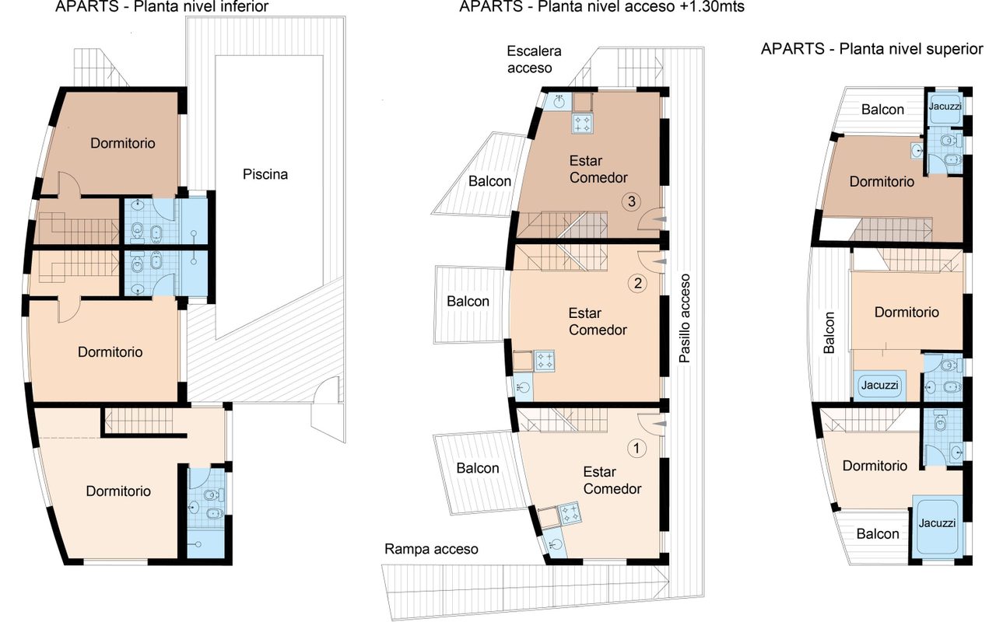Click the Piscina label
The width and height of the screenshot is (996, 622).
point(265,174)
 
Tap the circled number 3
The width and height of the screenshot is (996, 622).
point(631,201)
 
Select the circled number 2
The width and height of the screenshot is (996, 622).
point(637,283)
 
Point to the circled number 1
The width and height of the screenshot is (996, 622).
point(637,449)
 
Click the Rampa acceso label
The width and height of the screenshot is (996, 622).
point(431,549)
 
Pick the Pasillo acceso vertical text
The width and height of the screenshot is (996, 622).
point(685,318)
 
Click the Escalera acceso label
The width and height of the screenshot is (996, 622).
point(534,60)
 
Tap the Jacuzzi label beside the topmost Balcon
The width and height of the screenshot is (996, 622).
point(945,107)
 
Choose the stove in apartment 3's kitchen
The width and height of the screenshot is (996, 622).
point(583,123)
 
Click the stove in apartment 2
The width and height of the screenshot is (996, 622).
point(544,361)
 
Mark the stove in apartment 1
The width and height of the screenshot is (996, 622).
point(570,514)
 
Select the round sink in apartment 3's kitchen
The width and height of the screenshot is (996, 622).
point(559,102)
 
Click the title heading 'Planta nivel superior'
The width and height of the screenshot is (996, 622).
point(911,49)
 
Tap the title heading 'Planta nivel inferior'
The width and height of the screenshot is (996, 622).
point(201,7)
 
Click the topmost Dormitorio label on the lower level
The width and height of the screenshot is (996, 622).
point(123,143)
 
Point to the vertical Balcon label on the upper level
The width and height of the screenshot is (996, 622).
point(829,332)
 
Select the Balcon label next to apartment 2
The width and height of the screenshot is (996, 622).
point(468,301)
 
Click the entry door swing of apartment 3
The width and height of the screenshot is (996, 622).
point(651,219)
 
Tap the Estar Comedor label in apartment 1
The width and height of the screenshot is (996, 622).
point(612,480)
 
